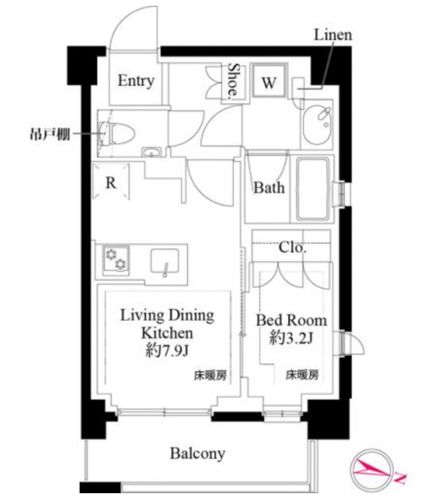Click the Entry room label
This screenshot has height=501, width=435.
136,81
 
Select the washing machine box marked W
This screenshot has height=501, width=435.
269,83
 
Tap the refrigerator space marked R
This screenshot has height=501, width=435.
111,183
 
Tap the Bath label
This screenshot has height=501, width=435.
269,188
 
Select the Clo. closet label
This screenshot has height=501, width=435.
293,248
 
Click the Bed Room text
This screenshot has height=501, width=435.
291,320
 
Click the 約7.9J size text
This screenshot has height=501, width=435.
166,351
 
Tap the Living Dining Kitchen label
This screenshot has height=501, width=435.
166,324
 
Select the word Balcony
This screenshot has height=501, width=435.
198,453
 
